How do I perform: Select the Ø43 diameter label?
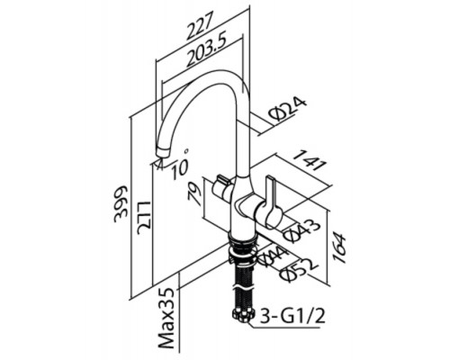click(300, 230)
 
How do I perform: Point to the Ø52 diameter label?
click(298, 269)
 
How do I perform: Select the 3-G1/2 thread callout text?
click(292, 317)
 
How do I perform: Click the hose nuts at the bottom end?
click(243, 316)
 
